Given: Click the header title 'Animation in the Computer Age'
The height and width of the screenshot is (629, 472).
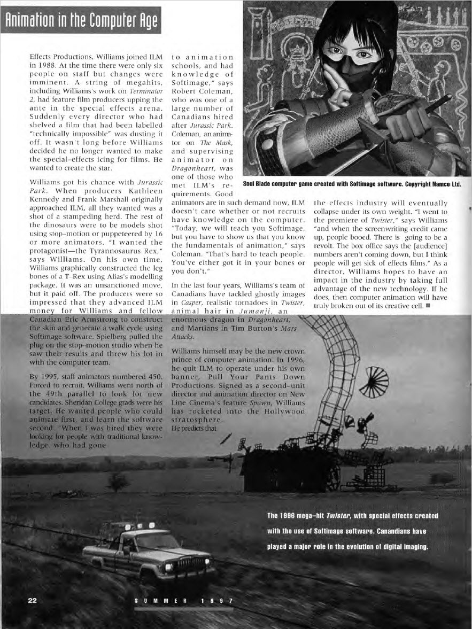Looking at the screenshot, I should click(x=81, y=19).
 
